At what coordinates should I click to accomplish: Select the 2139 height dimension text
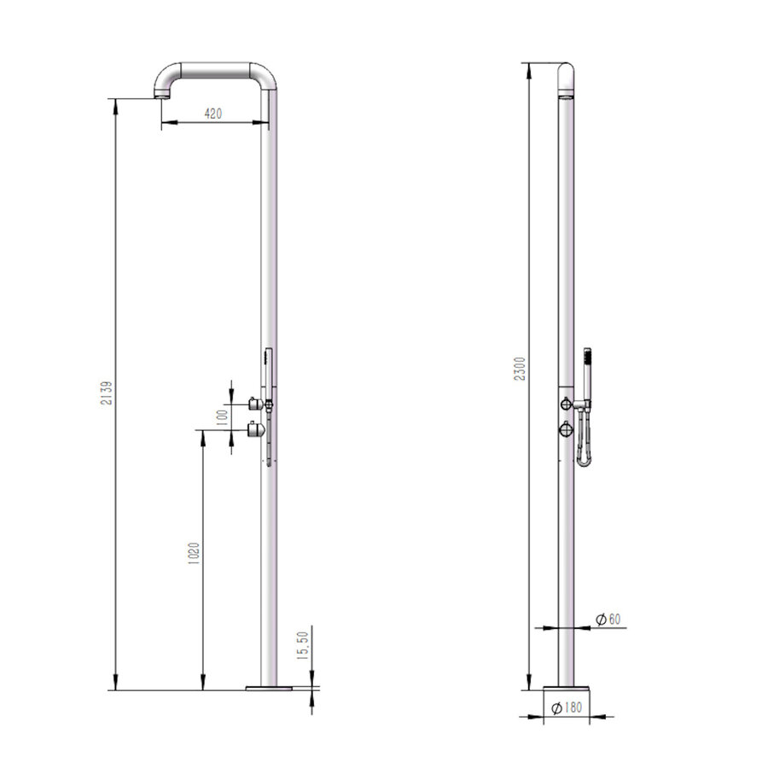point(108,393)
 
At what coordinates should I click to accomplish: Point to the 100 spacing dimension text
point(221,416)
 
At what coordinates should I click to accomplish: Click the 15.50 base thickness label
point(300,645)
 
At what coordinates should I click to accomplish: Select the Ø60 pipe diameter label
point(607,619)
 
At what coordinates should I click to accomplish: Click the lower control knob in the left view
point(253,430)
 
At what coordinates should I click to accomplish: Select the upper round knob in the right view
point(566,402)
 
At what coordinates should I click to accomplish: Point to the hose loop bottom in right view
point(584,463)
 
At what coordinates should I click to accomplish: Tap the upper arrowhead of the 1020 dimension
point(203,433)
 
